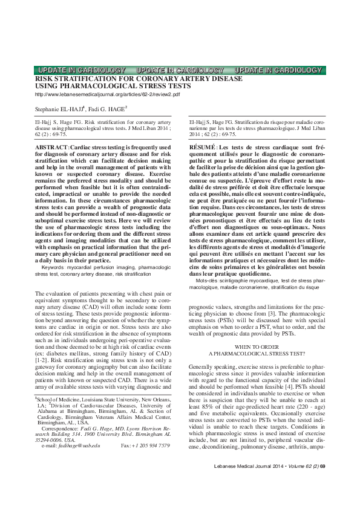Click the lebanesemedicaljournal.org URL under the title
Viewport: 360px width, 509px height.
pyautogui.click(x=108, y=95)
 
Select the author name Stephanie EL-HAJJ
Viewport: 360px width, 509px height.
pyautogui.click(x=57, y=109)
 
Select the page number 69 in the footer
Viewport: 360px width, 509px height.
pyautogui.click(x=322, y=484)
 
